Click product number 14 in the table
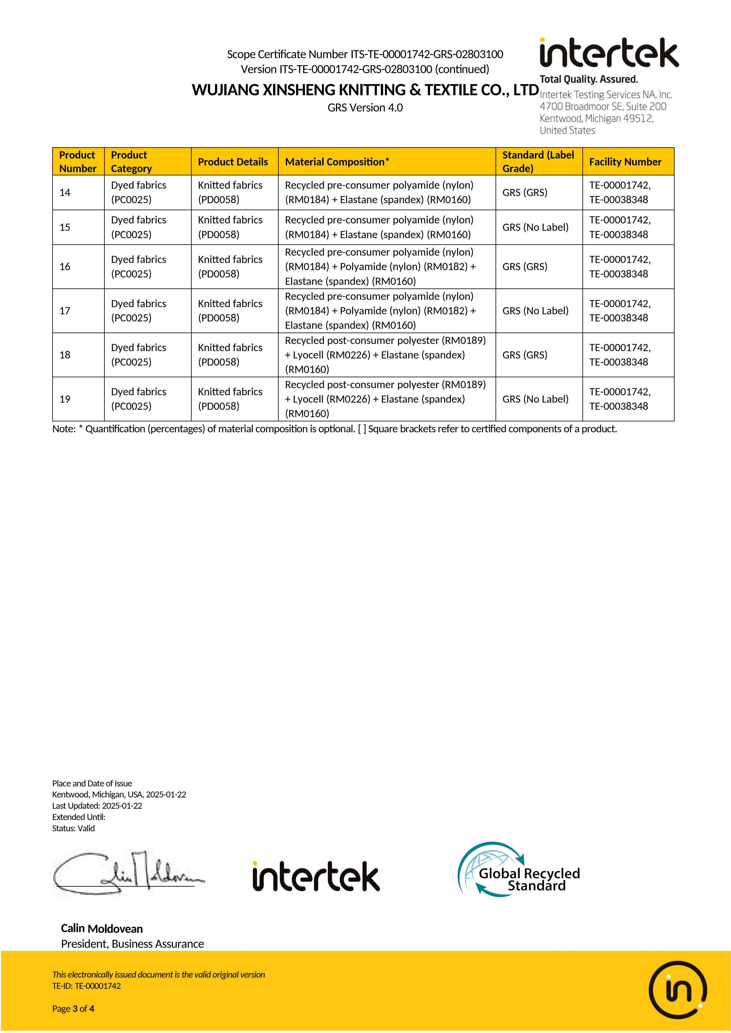coord(65,193)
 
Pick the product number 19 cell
coord(65,399)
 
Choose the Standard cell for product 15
coord(535,227)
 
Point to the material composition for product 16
coord(380,267)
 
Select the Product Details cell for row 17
coord(230,311)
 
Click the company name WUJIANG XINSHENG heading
coord(365,90)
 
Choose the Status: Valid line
coord(73,828)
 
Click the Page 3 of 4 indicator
coord(73,1009)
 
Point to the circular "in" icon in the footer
coord(677,990)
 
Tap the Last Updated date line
coord(97,806)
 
